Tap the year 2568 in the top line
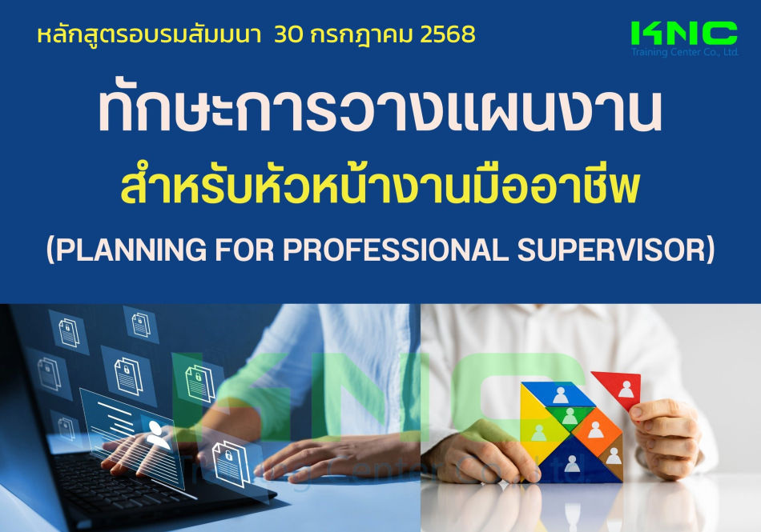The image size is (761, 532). [x=448, y=34]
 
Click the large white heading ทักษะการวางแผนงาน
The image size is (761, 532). [x=380, y=111]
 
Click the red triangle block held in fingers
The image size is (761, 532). [x=618, y=388]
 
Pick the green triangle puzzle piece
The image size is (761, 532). [x=568, y=416]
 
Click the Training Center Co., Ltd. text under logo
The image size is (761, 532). [x=684, y=52]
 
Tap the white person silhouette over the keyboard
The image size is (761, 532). [x=157, y=434]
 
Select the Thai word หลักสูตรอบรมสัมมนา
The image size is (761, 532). [x=149, y=35]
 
